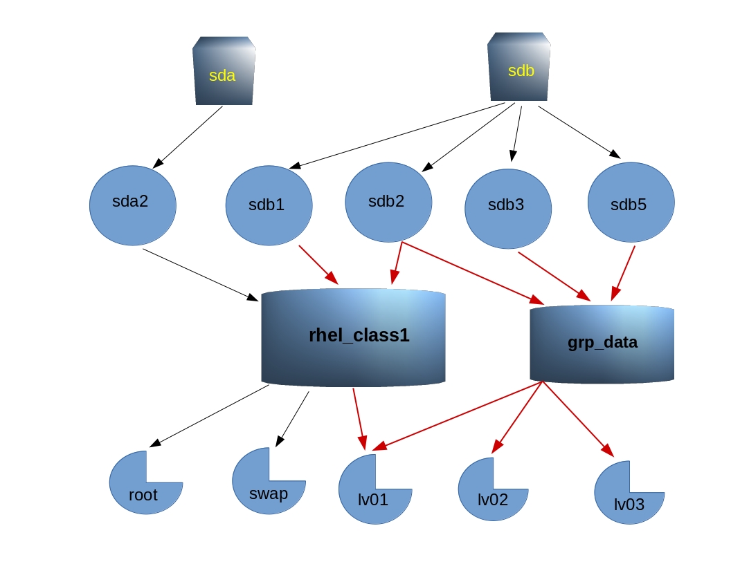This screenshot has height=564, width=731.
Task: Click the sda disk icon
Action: (x=224, y=71)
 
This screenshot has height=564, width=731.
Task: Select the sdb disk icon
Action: (x=519, y=67)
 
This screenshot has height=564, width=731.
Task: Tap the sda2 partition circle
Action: (x=133, y=205)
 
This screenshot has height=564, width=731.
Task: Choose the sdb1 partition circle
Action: (x=269, y=205)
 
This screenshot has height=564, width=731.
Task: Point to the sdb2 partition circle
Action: (x=388, y=202)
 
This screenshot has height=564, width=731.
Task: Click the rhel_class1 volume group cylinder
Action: (x=353, y=337)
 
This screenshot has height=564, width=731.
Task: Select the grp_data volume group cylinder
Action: (x=602, y=344)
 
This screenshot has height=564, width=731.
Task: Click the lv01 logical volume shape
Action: (x=370, y=494)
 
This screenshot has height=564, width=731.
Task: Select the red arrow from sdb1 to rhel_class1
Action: (x=318, y=265)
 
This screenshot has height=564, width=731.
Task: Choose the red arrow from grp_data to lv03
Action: (x=578, y=419)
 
